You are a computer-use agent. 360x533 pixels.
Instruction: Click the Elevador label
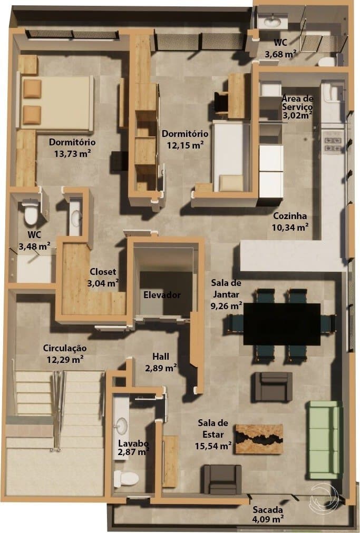pyautogui.click(x=162, y=295)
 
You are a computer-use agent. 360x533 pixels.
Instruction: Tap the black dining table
pyautogui.click(x=282, y=324)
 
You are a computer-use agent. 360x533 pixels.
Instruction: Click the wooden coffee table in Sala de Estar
pyautogui.click(x=259, y=439)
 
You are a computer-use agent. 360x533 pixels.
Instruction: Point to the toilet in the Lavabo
pyautogui.click(x=127, y=479)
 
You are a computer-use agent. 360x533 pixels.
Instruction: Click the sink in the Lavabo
pyautogui.click(x=121, y=426)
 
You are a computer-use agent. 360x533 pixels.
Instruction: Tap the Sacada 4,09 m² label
pyautogui.click(x=268, y=515)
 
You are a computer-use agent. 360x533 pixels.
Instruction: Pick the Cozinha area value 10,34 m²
pyautogui.click(x=290, y=227)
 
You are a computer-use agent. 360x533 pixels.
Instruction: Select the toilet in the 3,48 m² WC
pyautogui.click(x=30, y=212)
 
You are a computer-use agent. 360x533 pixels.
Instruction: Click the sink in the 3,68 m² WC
pyautogui.click(x=272, y=23)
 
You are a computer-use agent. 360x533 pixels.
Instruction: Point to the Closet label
pyautogui.click(x=103, y=272)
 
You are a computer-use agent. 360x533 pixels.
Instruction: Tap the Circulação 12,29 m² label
pyautogui.click(x=65, y=353)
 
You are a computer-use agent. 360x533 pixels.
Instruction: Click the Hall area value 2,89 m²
pyautogui.click(x=161, y=368)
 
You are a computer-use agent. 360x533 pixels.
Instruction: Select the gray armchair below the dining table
pyautogui.click(x=273, y=387)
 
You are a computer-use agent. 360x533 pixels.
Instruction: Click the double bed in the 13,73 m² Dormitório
pyautogui.click(x=55, y=103)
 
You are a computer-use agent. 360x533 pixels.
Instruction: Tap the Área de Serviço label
pyautogui.click(x=297, y=103)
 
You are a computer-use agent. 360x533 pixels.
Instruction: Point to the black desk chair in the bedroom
pyautogui.click(x=221, y=103)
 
